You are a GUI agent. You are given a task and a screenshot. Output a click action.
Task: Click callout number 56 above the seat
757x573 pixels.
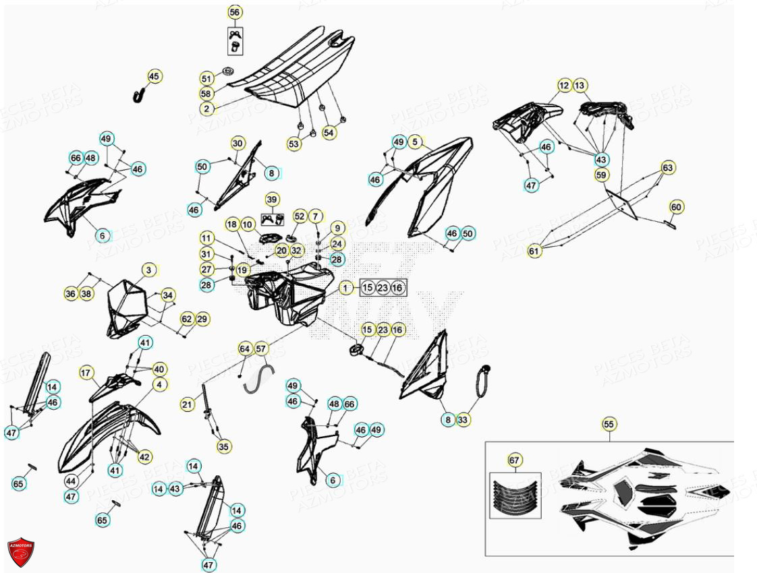pos(235,12)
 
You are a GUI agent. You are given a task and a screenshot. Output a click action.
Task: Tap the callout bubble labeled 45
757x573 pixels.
pos(155,77)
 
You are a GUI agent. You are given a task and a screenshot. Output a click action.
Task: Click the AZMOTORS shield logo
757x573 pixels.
pos(21,551)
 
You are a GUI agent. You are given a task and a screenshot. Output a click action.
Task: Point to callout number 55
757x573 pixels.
pos(609,424)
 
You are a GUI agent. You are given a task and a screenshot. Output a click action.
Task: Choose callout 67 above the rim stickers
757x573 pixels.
pos(515,460)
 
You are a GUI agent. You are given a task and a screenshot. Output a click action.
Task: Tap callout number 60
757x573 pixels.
pos(676,206)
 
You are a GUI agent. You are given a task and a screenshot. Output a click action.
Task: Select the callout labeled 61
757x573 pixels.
pos(534,251)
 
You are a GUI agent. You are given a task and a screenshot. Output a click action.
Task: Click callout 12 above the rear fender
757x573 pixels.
pos(564,86)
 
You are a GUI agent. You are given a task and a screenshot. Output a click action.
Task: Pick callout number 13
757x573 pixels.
pos(580,86)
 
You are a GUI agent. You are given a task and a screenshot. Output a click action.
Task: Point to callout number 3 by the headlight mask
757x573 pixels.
pos(148,270)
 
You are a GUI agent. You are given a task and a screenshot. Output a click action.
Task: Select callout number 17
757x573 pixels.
pos(86,372)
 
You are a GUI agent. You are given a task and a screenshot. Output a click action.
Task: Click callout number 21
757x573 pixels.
pos(187,404)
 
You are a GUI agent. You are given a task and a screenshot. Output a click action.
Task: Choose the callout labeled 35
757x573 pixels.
pos(223,446)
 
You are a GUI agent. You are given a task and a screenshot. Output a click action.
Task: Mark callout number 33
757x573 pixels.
pos(462,420)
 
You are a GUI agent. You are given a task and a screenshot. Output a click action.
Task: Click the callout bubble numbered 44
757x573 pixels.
pos(72,481)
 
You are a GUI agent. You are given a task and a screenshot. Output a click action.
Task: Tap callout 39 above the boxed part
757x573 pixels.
pos(271,200)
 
